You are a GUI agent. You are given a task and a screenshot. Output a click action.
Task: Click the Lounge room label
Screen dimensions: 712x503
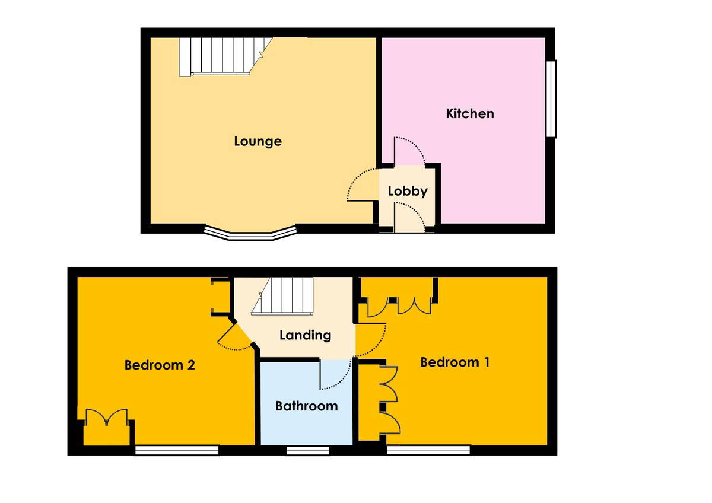pos(258,141)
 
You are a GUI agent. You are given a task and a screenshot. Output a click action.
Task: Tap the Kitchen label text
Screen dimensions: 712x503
pos(470,113)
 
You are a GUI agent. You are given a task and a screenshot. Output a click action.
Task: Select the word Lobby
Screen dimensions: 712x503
pos(408,191)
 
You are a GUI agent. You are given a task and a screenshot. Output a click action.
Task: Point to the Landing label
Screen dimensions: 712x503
pos(305,335)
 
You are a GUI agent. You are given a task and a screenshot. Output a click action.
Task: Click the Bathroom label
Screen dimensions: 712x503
pos(306,406)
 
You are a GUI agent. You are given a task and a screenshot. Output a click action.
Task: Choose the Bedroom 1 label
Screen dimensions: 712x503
pos(455,362)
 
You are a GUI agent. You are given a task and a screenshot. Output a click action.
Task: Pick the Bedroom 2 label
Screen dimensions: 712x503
pos(160,365)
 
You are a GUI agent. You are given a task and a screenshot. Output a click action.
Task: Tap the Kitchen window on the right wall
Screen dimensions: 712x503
pos(551,99)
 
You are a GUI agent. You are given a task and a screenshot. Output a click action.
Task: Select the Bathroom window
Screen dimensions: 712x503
pos(308,451)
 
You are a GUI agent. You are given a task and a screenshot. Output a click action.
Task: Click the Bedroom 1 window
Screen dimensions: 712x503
pos(428,450)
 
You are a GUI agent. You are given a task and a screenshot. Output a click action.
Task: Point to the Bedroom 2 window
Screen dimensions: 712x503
pos(177,451)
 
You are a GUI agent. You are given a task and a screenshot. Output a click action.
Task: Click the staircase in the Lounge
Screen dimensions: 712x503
pos(225,57)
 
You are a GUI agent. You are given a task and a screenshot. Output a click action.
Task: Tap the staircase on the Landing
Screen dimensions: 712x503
pos(282,296)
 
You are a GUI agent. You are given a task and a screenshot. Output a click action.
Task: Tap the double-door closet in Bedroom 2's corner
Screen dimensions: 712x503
pos(107,417)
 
